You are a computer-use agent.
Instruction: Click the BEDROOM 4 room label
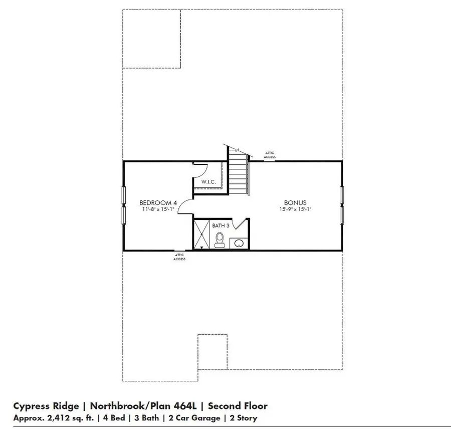pos(158,202)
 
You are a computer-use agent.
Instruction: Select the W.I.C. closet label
pos(208,181)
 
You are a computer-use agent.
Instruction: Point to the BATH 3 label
pos(220,226)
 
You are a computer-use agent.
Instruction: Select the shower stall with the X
pos(202,234)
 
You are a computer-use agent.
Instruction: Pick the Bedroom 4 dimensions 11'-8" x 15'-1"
pos(158,209)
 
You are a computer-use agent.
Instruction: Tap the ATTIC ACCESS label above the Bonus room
pos(270,154)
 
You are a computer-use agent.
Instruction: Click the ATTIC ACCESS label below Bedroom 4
pos(179,257)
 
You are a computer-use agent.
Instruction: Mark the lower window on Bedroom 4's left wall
pos(123,215)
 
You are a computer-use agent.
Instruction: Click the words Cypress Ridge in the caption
pos(46,406)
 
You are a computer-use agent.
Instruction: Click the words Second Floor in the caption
pos(238,406)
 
